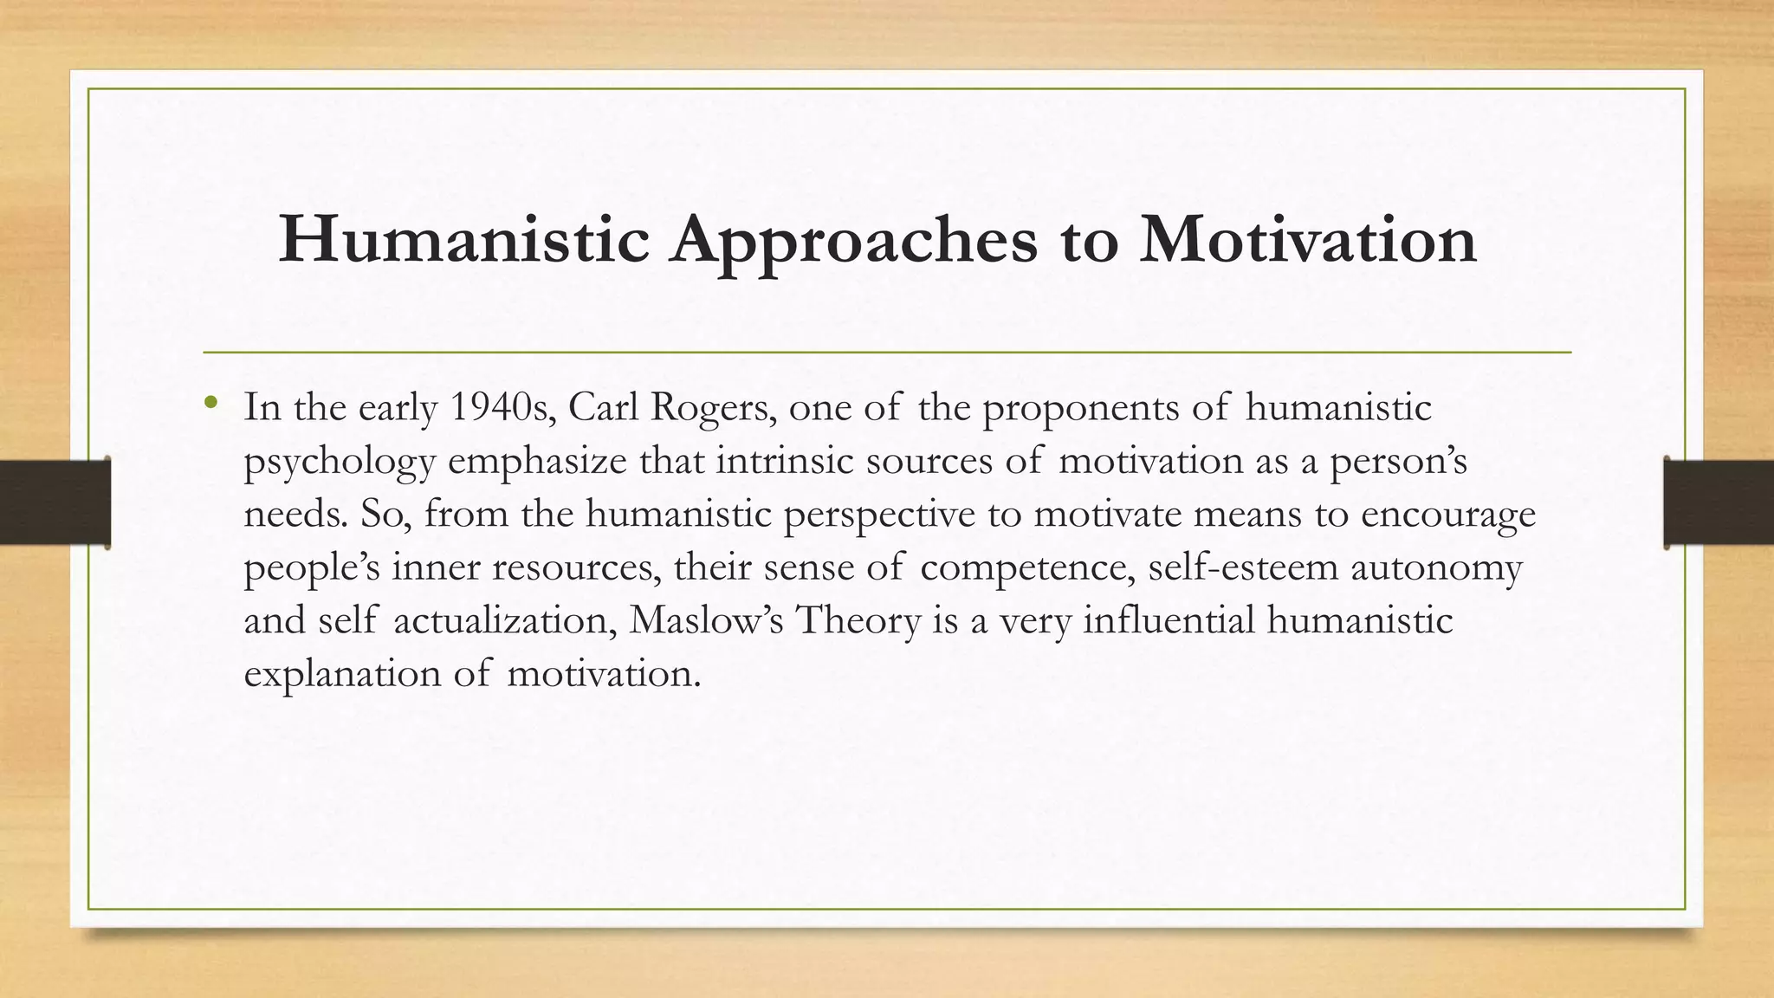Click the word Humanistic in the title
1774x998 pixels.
[463, 240]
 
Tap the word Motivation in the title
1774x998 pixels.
[1307, 240]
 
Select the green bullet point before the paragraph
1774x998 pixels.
[210, 403]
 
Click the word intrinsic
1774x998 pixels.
[785, 461]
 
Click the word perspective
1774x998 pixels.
[879, 515]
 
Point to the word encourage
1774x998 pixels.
[1448, 515]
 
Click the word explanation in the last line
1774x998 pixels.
[342, 675]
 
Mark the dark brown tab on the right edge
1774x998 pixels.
[1718, 503]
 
